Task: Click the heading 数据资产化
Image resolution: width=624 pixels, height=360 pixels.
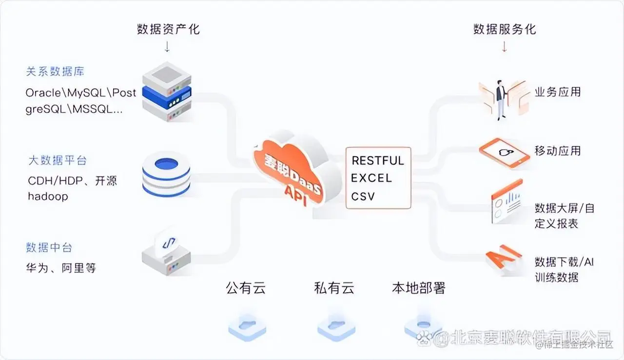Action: [x=168, y=29]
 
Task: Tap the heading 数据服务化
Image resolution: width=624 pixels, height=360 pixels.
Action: [x=505, y=29]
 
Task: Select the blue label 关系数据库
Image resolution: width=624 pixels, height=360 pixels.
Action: [x=55, y=72]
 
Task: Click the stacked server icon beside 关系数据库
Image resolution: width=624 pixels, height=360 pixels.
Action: [x=167, y=91]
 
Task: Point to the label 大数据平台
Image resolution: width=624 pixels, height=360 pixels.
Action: [x=58, y=160]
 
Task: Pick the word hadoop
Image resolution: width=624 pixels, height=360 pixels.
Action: [x=48, y=197]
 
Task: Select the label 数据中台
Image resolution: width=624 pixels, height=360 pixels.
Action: [x=49, y=247]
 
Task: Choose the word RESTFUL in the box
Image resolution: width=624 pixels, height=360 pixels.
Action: [x=378, y=160]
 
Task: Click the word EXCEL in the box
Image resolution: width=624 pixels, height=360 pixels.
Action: [x=371, y=178]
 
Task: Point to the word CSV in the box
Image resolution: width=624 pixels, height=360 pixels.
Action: [x=363, y=196]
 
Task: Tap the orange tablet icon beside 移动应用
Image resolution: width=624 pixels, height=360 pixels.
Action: [x=504, y=153]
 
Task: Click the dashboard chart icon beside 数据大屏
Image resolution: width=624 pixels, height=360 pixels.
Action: [x=507, y=204]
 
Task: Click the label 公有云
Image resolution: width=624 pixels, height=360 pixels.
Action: [x=246, y=288]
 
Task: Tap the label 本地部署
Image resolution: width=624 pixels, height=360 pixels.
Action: [x=419, y=288]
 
